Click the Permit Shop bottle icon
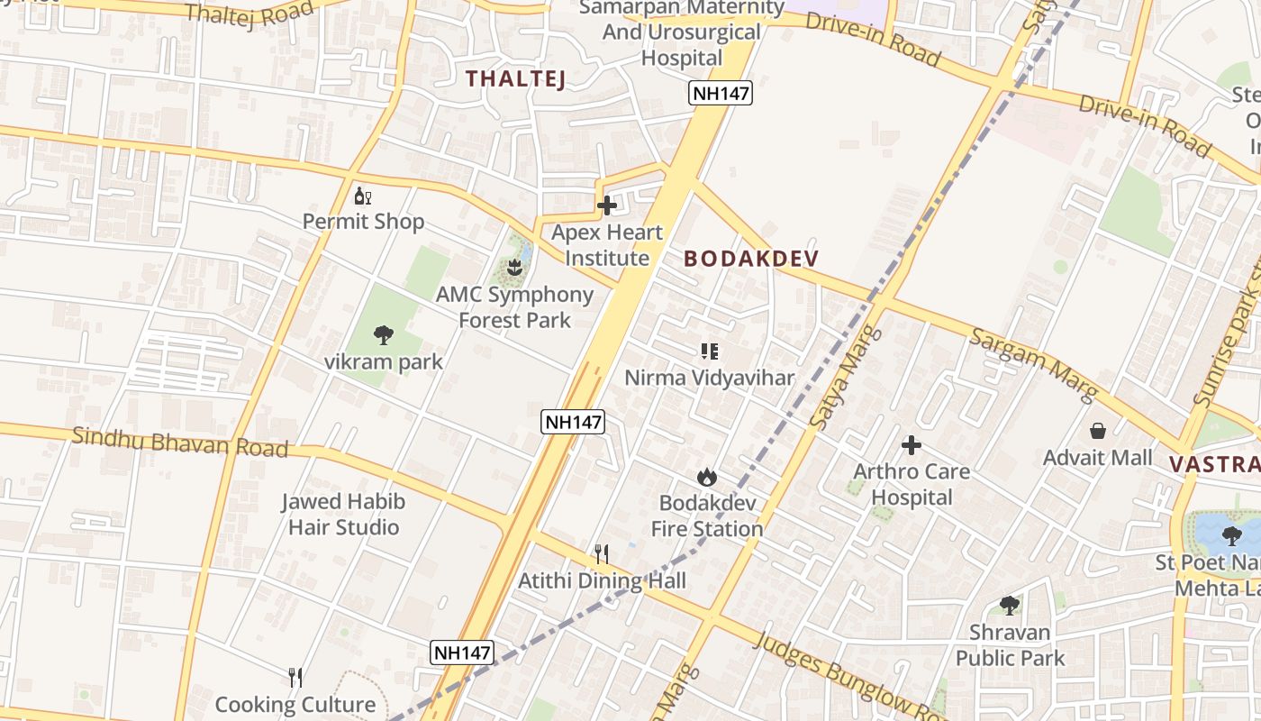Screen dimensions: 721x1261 [363, 196]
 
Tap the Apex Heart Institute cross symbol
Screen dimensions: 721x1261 [607, 205]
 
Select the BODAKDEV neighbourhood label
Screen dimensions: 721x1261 [751, 259]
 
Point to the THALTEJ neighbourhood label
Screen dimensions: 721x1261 [516, 78]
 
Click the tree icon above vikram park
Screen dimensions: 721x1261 [384, 336]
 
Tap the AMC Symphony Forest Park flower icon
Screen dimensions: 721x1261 [514, 268]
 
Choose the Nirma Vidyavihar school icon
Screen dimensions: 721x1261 [710, 351]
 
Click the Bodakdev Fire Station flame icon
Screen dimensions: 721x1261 [707, 477]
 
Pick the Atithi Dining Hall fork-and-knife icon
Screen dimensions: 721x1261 [602, 553]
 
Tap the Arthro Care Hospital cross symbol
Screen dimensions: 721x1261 [912, 444]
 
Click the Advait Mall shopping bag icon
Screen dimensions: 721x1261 [1097, 431]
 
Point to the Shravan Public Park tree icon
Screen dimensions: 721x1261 [1010, 606]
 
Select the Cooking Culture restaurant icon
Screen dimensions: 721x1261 [295, 677]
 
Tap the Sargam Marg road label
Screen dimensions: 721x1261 [1032, 365]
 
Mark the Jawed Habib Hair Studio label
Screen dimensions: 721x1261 [343, 515]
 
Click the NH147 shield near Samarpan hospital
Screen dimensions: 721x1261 [721, 92]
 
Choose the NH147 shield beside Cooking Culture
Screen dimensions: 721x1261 [462, 653]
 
